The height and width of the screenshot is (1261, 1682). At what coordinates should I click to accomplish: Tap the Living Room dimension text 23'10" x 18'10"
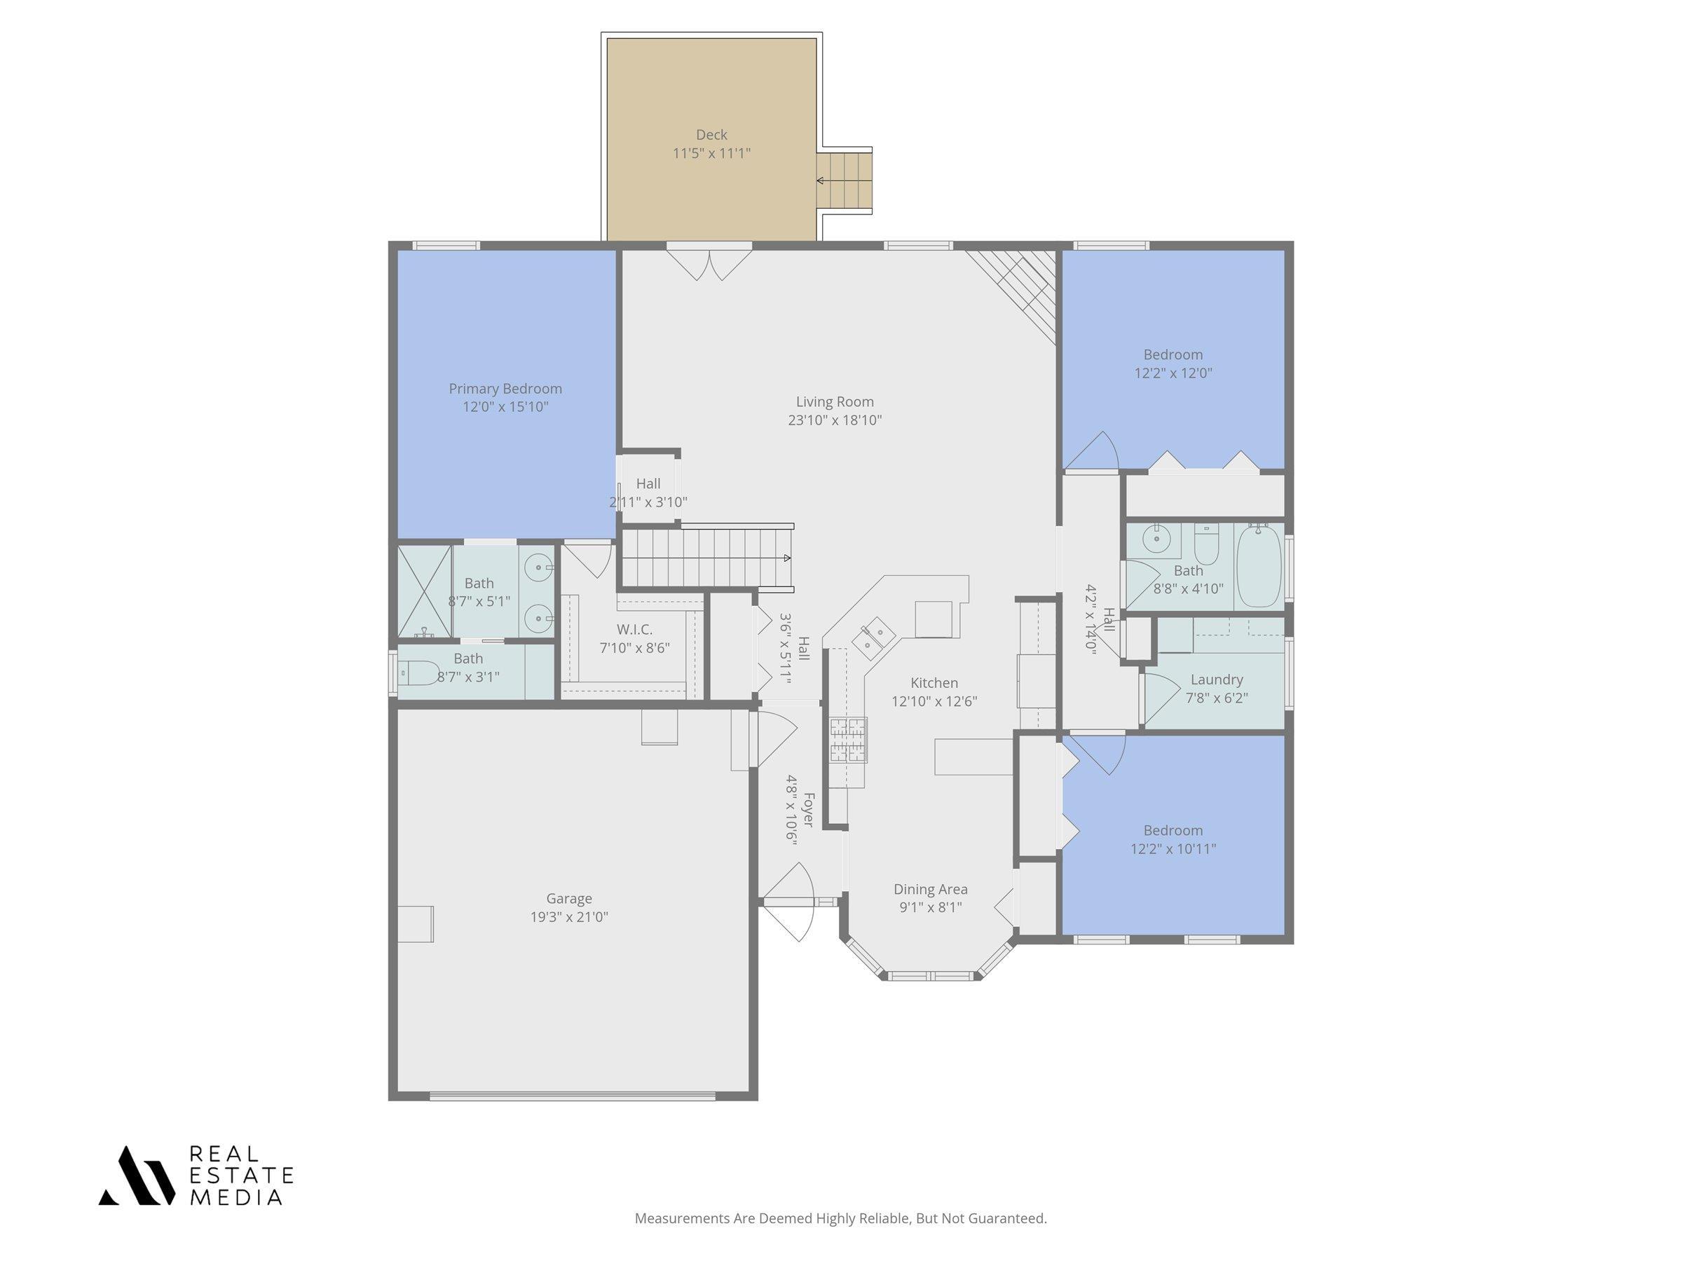click(x=834, y=420)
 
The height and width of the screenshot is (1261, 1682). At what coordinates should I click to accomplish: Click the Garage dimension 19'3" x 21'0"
click(x=569, y=916)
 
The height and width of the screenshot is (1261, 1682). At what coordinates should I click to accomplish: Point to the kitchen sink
click(x=873, y=636)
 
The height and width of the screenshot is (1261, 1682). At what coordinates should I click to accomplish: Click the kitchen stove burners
click(x=848, y=740)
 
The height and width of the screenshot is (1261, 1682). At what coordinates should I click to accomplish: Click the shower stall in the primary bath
click(x=424, y=591)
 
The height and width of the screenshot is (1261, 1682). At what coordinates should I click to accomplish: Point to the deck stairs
click(x=844, y=181)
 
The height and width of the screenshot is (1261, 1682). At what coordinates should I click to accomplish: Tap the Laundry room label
click(x=1217, y=680)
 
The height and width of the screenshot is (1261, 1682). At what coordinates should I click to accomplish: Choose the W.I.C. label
click(x=634, y=629)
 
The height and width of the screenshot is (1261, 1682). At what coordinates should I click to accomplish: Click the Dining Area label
click(x=930, y=888)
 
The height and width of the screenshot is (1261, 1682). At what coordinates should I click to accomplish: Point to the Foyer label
click(x=808, y=810)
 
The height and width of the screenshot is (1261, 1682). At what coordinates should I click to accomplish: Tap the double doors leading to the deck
click(x=709, y=263)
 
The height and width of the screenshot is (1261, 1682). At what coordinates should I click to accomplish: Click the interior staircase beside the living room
click(x=707, y=558)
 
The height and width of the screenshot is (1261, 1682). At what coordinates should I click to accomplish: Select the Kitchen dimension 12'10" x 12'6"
click(x=934, y=701)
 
